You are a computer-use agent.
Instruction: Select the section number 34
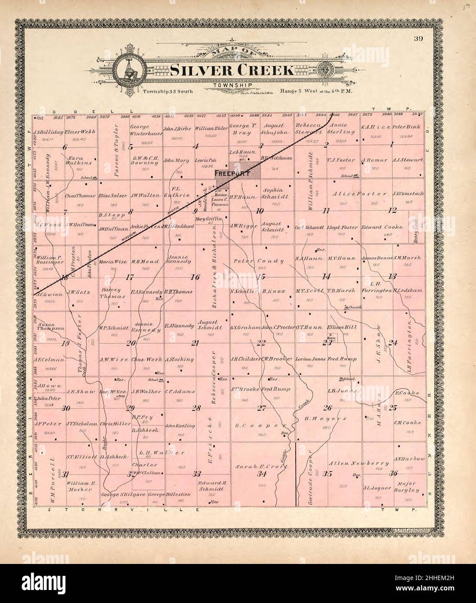261,474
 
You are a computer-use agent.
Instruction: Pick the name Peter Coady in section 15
259,261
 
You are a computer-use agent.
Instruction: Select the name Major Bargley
407,487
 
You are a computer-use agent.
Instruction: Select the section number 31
65,475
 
